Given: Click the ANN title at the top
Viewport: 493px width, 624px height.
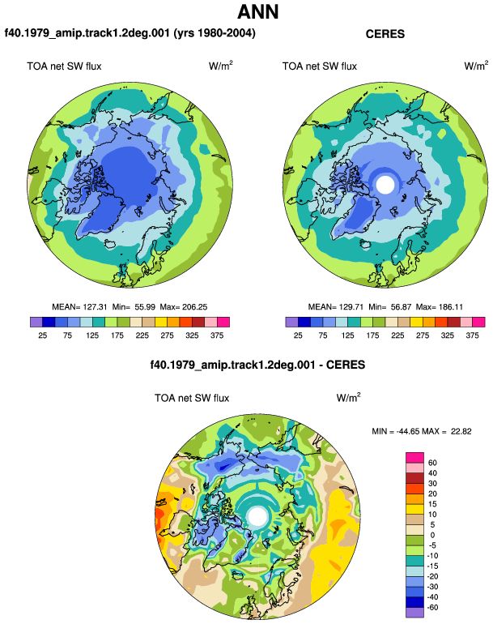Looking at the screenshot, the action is point(257,12).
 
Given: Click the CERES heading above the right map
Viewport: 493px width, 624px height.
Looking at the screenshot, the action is point(385,34).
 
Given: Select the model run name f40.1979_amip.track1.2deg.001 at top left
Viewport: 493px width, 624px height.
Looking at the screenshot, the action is point(87,32).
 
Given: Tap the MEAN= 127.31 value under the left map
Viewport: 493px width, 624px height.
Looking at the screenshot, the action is point(79,307).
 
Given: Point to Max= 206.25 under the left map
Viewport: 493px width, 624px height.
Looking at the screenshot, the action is point(183,307).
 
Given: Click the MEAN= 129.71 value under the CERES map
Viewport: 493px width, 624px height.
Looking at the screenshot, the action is point(336,307).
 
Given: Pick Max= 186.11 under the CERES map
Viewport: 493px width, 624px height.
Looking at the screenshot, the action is point(440,307).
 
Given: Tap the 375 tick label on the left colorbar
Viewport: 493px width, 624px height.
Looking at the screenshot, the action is point(217,336).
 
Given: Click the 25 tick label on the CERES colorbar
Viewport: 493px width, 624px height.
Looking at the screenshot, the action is point(298,336).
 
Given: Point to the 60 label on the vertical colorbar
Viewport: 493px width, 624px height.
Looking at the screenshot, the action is point(432,463).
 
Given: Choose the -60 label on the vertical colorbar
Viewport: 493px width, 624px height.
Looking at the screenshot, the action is point(431,608).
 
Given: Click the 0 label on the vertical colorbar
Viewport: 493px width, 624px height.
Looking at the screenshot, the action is point(432,535).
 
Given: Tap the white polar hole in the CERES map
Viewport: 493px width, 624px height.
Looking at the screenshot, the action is point(385,185).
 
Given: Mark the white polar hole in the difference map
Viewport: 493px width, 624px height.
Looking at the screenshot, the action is point(257,516).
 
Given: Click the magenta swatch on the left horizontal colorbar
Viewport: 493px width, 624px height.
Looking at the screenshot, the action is point(223,322).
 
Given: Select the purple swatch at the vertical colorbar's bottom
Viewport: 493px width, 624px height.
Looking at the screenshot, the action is point(414,613).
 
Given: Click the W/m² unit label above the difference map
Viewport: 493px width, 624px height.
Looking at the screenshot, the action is point(349,398).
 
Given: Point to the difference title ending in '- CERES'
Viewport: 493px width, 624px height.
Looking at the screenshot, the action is point(257,365).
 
